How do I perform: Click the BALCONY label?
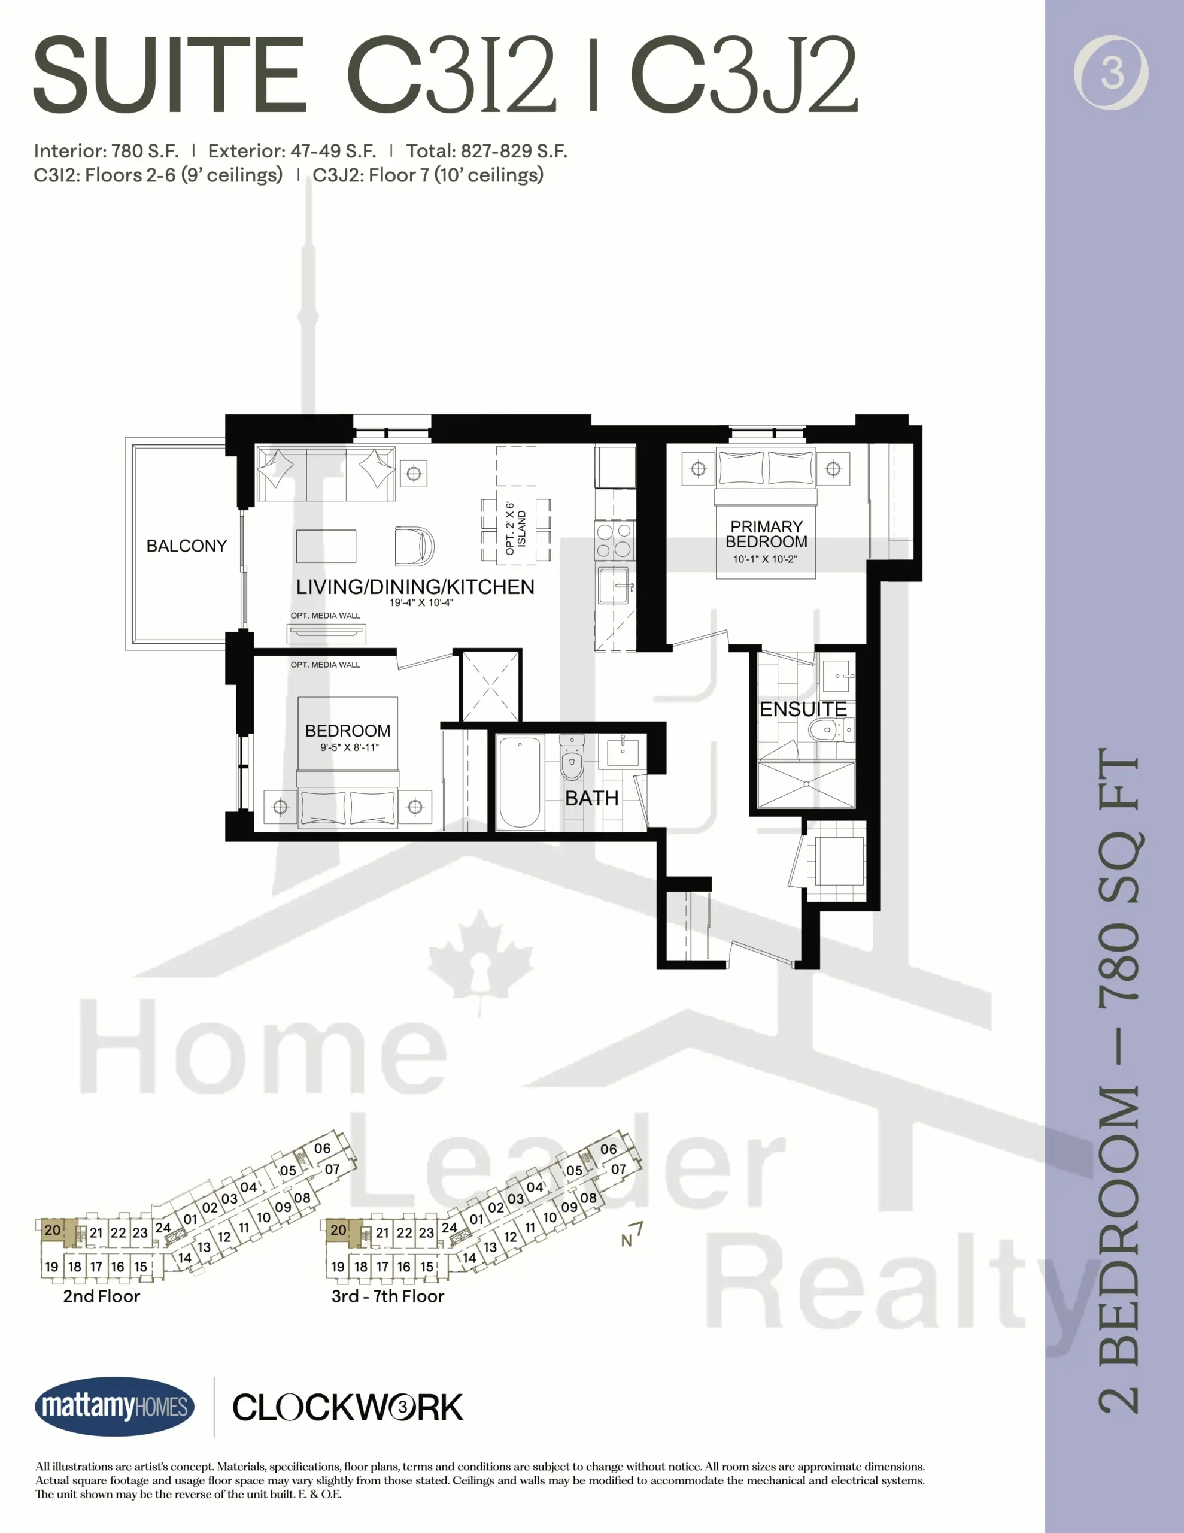(x=187, y=546)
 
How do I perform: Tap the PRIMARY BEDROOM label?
(x=766, y=534)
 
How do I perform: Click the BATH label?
(x=591, y=799)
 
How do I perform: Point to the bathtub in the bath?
(x=520, y=782)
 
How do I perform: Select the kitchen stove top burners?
(x=615, y=541)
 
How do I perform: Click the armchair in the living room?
(x=414, y=546)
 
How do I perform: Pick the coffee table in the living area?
(x=326, y=546)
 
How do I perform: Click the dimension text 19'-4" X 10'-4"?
(x=421, y=602)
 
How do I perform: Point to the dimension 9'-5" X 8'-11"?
(x=350, y=747)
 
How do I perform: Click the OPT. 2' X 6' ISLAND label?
(x=516, y=529)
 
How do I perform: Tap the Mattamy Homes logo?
(x=114, y=1406)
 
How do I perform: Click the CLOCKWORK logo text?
(x=347, y=1407)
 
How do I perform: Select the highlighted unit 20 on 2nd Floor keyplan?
(x=53, y=1230)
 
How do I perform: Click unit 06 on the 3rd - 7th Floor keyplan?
(x=609, y=1149)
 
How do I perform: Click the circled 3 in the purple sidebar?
(x=1111, y=72)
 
